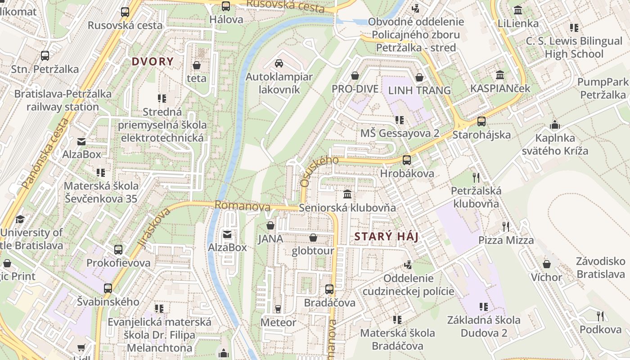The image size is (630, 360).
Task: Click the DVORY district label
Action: tap(153, 62)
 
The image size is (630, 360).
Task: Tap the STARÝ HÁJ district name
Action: tap(387, 237)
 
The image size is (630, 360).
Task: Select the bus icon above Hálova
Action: tap(226, 6)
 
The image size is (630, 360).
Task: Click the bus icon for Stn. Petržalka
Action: tap(45, 56)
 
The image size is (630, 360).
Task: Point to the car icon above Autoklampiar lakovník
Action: tap(279, 63)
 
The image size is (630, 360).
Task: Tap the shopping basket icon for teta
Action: tap(197, 66)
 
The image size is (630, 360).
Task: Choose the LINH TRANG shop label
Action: tap(419, 90)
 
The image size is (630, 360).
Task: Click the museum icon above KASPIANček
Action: tap(500, 75)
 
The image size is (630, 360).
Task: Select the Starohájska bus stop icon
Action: tap(481, 121)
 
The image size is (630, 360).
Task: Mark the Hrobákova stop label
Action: tap(407, 173)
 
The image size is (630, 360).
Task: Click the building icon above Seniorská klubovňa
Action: tap(347, 194)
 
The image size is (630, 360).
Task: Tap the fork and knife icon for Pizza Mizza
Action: tap(506, 226)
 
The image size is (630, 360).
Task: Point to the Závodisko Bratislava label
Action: tap(601, 268)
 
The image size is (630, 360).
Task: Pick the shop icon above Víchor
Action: tap(547, 264)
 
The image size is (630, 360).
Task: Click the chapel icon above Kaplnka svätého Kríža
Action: tap(555, 125)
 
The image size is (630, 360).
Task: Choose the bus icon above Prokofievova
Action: tap(118, 249)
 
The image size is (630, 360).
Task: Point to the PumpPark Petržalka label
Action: tap(603, 88)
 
